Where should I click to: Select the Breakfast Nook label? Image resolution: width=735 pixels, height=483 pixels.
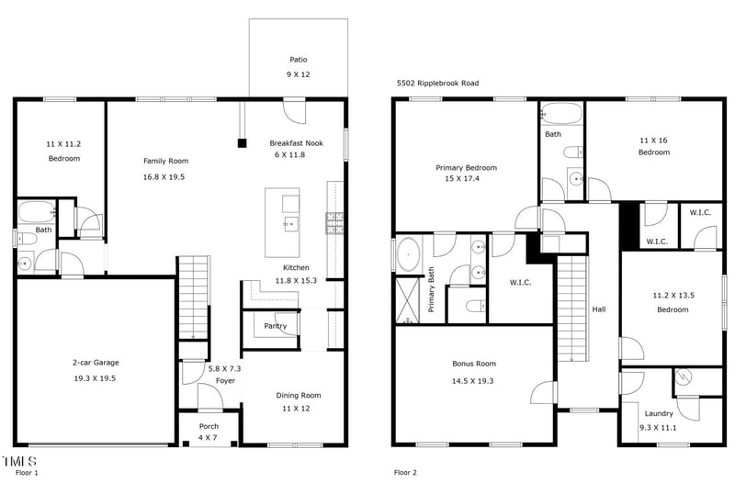click(x=296, y=142)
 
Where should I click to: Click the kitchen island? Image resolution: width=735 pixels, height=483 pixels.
click(x=282, y=222)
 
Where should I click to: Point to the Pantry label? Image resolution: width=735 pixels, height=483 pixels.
click(x=275, y=326)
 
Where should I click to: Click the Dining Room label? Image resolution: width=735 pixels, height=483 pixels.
click(x=299, y=396)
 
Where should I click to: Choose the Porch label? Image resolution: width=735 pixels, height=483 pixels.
click(x=209, y=426)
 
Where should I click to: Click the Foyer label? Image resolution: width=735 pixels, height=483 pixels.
click(x=225, y=381)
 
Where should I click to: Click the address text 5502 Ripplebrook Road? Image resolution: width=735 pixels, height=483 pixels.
click(x=437, y=83)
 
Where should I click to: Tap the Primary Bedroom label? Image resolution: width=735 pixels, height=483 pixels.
click(x=466, y=168)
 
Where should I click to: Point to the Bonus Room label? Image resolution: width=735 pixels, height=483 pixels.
click(x=474, y=364)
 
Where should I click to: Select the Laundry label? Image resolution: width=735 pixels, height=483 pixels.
click(x=658, y=413)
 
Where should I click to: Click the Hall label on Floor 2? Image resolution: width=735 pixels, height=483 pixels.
click(x=599, y=309)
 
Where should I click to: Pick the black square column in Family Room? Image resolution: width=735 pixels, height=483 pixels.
click(x=242, y=142)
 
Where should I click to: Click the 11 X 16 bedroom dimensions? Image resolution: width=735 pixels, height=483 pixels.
click(x=654, y=140)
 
